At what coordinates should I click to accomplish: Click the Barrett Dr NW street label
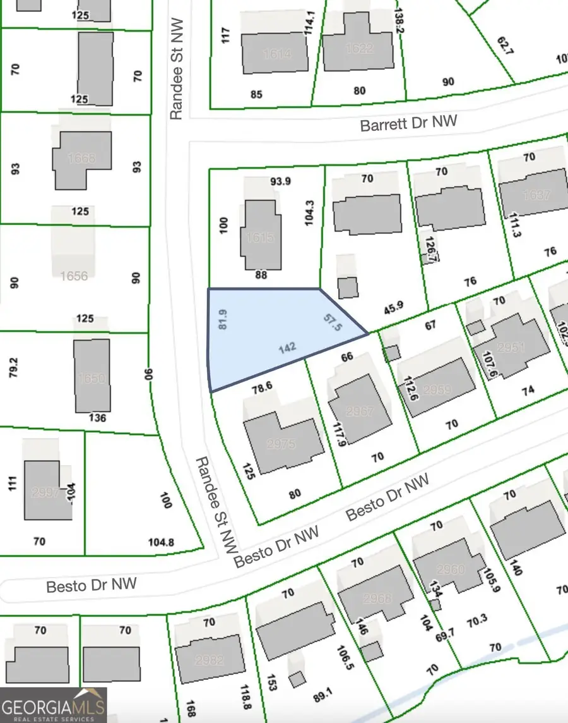pyautogui.click(x=408, y=123)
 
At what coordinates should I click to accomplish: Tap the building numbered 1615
pyautogui.click(x=260, y=236)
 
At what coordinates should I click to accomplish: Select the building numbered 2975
pyautogui.click(x=281, y=444)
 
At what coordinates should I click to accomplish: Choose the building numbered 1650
pyautogui.click(x=92, y=377)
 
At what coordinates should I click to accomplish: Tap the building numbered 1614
pyautogui.click(x=275, y=54)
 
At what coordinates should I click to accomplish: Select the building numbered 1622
pyautogui.click(x=358, y=47)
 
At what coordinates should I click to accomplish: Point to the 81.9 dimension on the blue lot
pyautogui.click(x=222, y=320)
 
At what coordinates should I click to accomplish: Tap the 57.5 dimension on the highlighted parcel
pyautogui.click(x=333, y=322)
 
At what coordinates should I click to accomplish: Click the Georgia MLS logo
pyautogui.click(x=53, y=705)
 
